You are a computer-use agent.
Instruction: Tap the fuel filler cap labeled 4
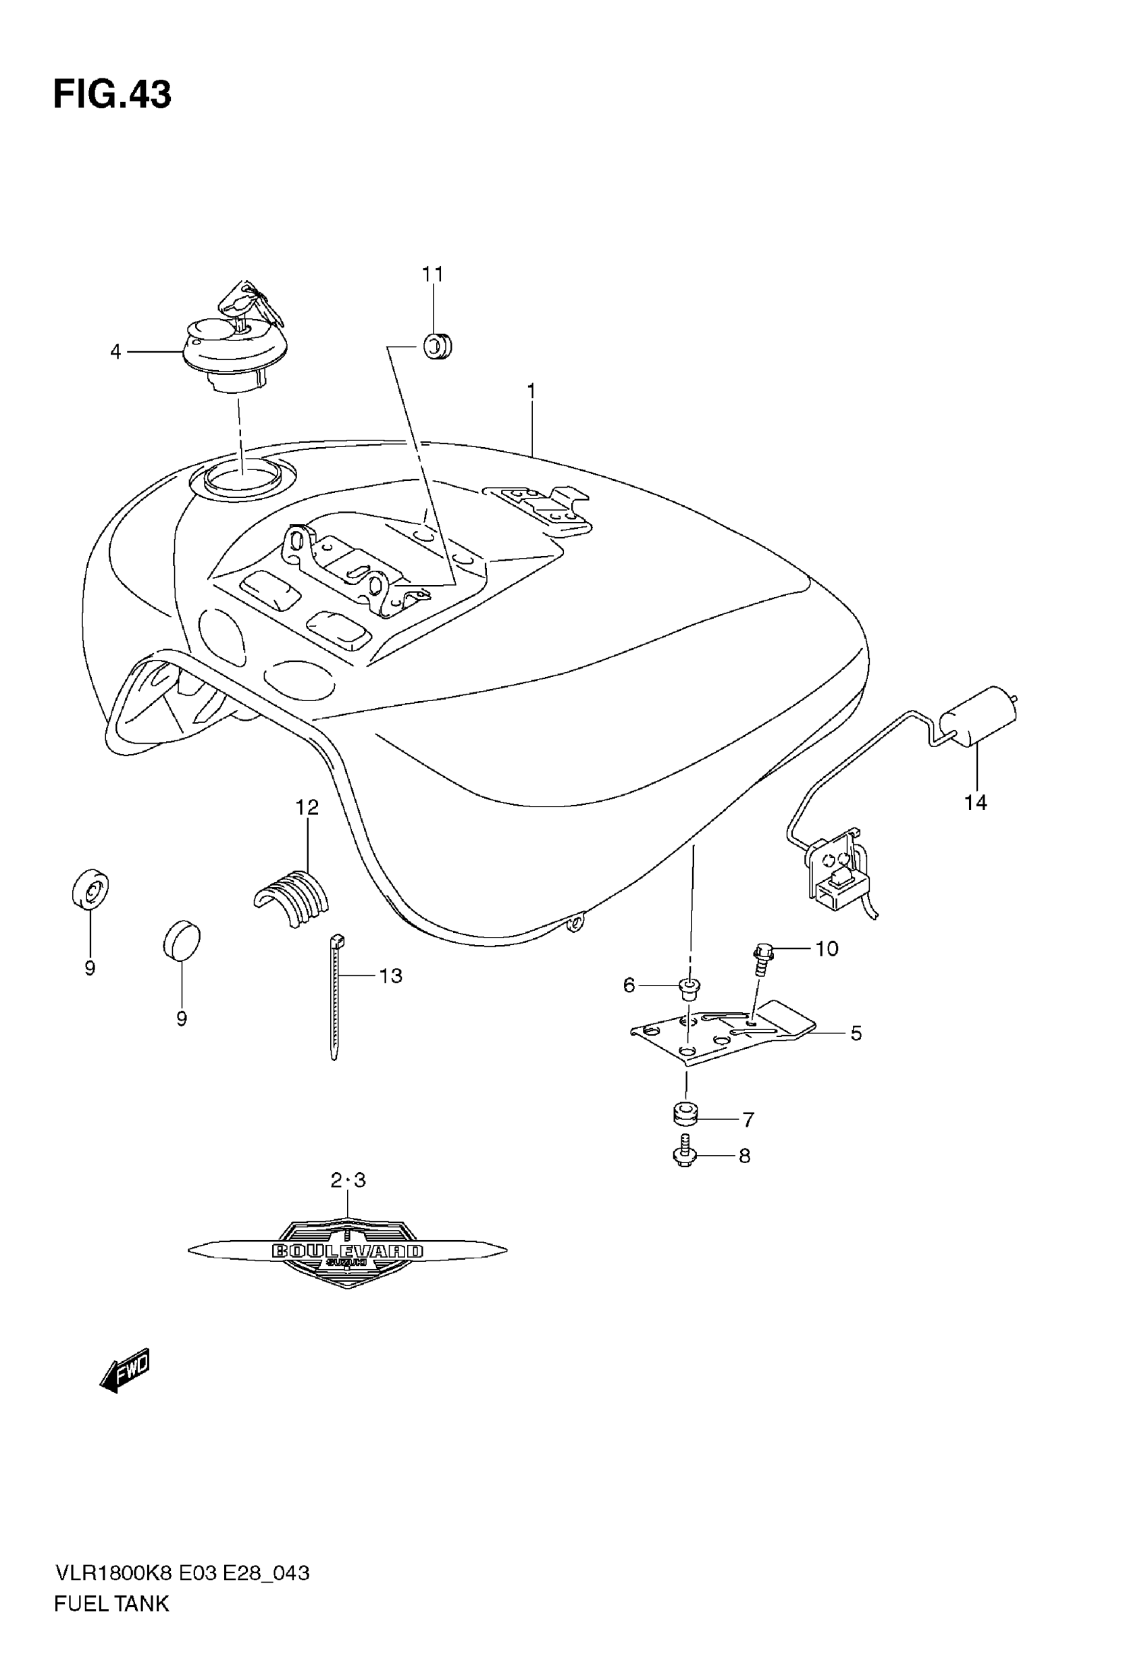pos(234,353)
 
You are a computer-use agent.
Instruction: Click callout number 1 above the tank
pos(531,391)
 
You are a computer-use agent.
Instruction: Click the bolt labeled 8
pos(684,1153)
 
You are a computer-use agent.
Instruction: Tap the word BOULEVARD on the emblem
pos(347,1251)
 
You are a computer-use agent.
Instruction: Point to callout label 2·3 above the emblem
pos(348,1180)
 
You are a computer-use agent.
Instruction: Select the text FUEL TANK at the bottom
pos(111,1604)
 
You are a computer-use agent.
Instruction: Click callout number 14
pos(975,802)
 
